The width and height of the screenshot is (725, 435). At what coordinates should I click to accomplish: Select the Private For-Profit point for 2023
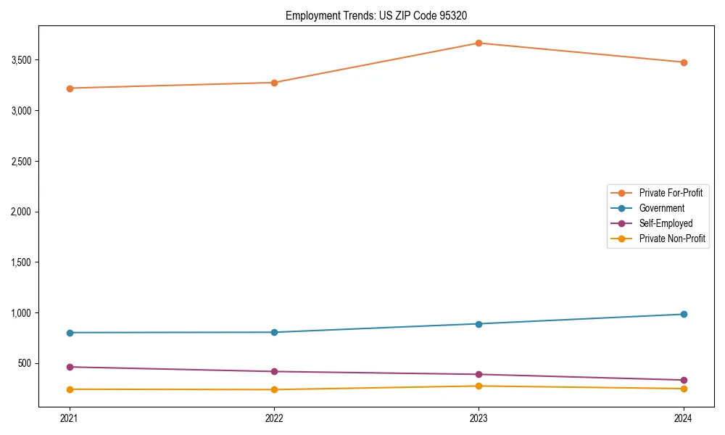click(479, 43)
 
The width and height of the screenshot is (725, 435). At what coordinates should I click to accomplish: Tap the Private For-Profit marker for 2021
click(70, 88)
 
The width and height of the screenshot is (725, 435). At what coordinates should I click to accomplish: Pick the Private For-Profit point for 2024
click(684, 62)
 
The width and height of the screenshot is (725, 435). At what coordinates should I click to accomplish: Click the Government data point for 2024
click(684, 314)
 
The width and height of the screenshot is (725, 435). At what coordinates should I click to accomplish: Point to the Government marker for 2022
click(274, 332)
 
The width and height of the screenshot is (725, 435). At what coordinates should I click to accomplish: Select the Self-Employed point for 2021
click(70, 367)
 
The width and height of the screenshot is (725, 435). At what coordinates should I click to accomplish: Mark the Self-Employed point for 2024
click(684, 380)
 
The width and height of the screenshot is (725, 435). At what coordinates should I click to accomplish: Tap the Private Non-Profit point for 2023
click(479, 386)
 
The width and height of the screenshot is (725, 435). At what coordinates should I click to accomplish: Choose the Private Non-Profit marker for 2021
click(70, 389)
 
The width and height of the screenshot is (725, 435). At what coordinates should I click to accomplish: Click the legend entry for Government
click(661, 208)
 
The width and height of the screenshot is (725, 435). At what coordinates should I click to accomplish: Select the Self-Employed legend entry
click(666, 223)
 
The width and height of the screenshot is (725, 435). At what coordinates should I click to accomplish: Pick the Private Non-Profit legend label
click(672, 239)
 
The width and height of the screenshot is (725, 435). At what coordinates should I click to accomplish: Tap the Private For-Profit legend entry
click(671, 193)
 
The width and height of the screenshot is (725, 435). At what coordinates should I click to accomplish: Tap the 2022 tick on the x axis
click(274, 418)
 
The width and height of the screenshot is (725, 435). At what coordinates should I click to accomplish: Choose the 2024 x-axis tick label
click(684, 418)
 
